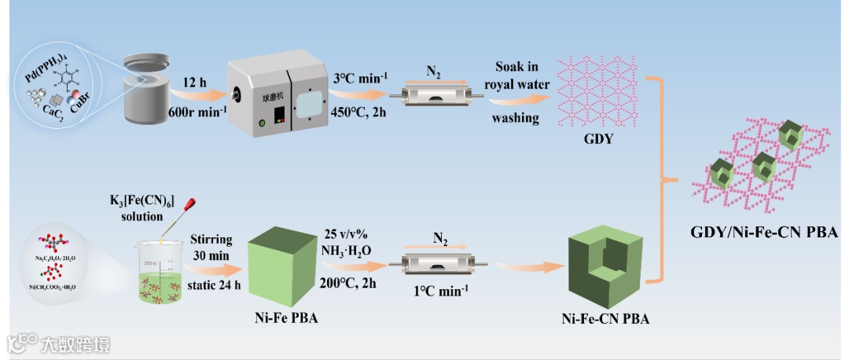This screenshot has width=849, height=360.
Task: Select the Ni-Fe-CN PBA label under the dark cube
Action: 606,319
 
